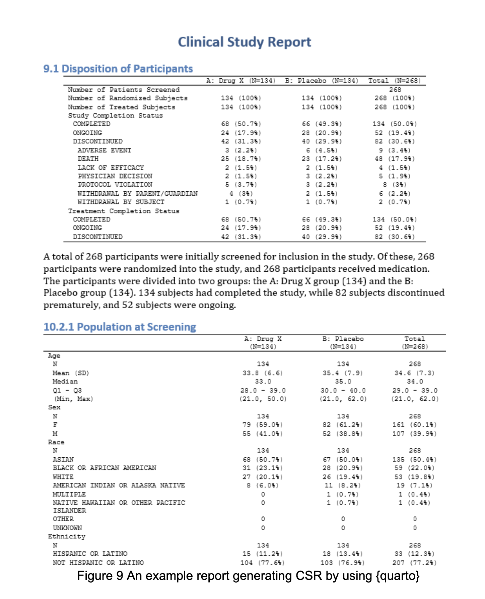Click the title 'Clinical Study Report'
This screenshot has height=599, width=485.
[244, 42]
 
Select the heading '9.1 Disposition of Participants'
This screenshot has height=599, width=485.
[118, 69]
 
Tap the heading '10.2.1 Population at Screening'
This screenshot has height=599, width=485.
[120, 327]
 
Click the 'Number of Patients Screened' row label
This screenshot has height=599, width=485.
[124, 90]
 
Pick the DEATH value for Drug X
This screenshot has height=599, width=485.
[241, 159]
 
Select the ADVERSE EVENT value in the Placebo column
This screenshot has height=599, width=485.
[322, 150]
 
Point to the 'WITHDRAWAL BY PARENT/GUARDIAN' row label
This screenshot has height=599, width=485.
[137, 194]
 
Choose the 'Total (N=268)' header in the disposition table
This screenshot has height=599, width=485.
[394, 81]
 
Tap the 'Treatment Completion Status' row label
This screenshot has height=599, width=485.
[124, 211]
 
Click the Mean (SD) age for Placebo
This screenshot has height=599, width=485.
[343, 373]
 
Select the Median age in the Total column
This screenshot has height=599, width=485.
[415, 382]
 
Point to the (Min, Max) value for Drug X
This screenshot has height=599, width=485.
[263, 399]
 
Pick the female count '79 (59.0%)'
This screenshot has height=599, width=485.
[263, 425]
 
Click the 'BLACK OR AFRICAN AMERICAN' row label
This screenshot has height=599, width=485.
[104, 468]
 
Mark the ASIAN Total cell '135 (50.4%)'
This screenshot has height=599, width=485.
[414, 460]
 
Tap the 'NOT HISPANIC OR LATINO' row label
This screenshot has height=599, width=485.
[98, 563]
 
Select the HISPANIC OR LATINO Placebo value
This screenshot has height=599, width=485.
[343, 554]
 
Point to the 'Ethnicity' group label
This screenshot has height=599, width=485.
[67, 537]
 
